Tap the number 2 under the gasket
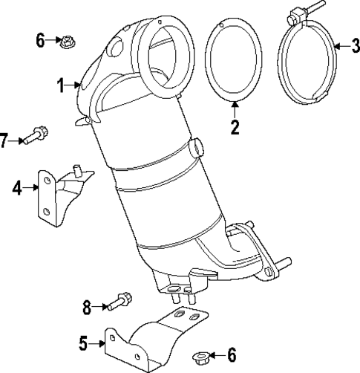coord(235,127)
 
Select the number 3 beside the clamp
coord(355,46)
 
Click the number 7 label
coord(5,138)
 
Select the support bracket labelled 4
coord(59,195)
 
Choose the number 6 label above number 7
coord(41,39)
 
